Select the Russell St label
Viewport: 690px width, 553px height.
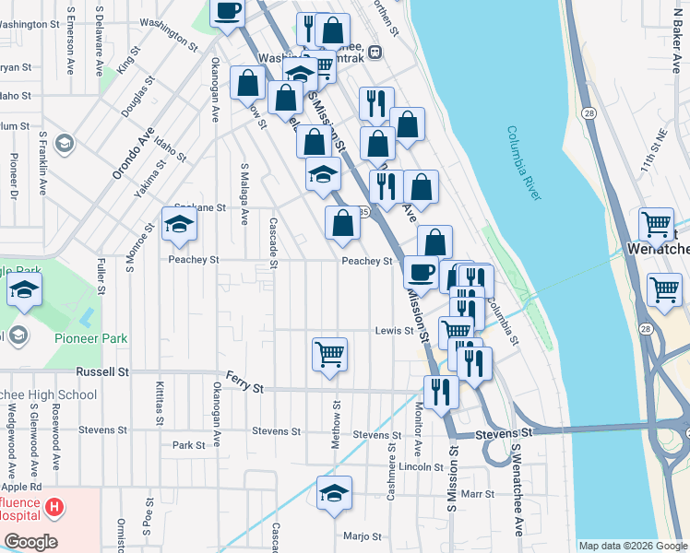click(101, 372)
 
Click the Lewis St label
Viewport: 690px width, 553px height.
click(393, 330)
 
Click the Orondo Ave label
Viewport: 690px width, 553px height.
click(133, 155)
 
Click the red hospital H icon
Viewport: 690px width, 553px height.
click(55, 506)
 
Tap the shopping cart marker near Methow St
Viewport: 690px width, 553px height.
click(329, 354)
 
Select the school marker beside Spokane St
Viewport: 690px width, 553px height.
click(179, 224)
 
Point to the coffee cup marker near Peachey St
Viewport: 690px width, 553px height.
click(422, 273)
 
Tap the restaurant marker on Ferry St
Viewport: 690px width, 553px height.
click(442, 392)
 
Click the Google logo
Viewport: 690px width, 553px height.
click(30, 542)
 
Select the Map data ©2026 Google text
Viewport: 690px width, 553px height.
click(632, 545)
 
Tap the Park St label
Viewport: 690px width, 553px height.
click(188, 445)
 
